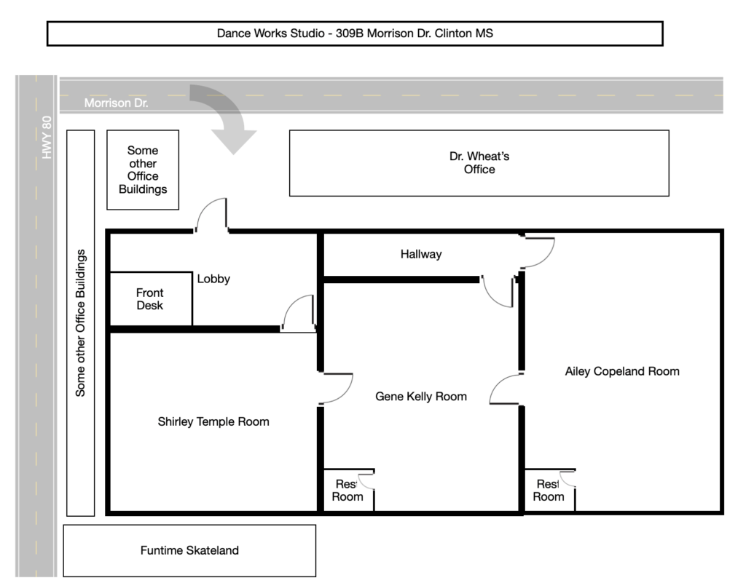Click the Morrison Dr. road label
pos(116,103)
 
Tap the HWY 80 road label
pos(47,138)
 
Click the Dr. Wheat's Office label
pos(479,163)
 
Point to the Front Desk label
pos(150,299)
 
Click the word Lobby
pos(213,279)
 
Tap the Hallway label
pos(421,254)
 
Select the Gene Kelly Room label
pos(421,396)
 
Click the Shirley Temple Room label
pos(213,421)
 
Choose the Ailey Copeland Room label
pos(622,371)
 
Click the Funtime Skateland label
pos(189,550)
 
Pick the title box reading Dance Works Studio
pos(355,33)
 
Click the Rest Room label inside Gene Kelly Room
pos(348,491)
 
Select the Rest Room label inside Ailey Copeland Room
pos(549,491)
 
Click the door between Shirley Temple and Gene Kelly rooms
pos(336,389)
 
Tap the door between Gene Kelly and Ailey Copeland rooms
pos(506,389)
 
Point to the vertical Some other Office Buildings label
pos(80,323)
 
